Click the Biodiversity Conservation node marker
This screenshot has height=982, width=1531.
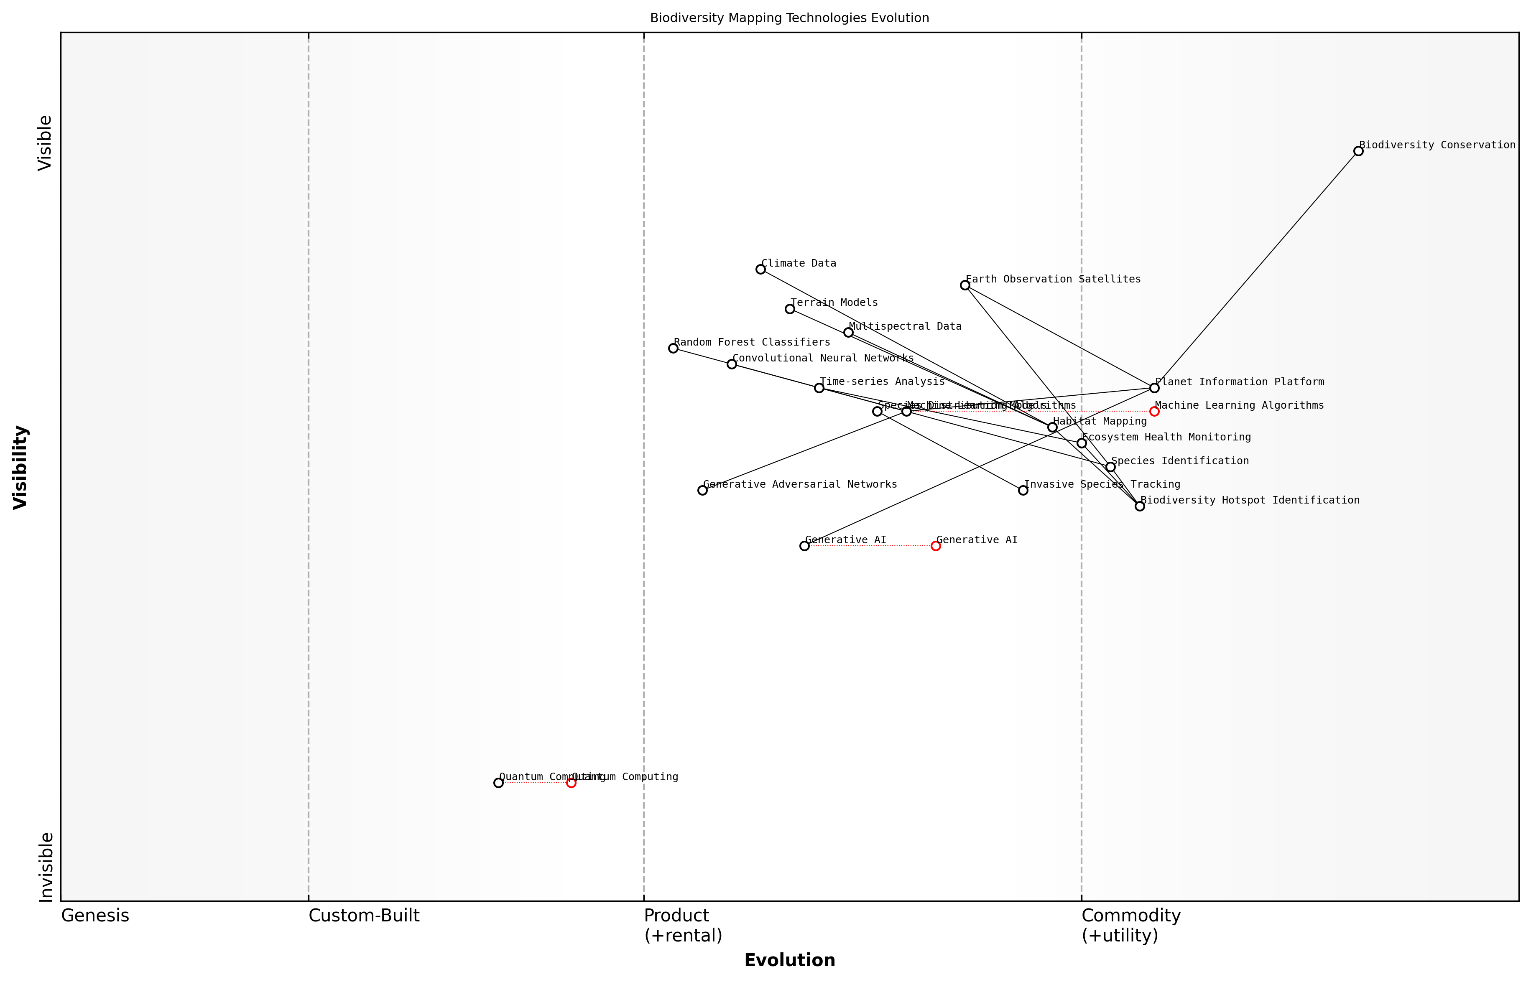click(1358, 151)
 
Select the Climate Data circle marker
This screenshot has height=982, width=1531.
click(760, 269)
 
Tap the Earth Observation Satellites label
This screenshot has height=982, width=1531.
click(1053, 279)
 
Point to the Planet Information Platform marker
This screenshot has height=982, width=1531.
click(1154, 388)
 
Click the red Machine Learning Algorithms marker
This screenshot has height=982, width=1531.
click(1154, 411)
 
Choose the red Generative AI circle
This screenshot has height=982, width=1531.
click(935, 546)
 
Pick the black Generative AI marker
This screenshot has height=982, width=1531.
click(804, 546)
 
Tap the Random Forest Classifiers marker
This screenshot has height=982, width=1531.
click(673, 348)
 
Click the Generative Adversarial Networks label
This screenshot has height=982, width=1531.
click(800, 485)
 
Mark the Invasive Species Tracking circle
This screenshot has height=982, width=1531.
click(1023, 490)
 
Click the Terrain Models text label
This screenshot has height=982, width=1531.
click(834, 303)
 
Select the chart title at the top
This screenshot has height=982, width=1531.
click(789, 18)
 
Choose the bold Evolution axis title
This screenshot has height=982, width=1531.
click(789, 960)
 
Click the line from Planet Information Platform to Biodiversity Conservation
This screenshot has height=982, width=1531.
click(1256, 269)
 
